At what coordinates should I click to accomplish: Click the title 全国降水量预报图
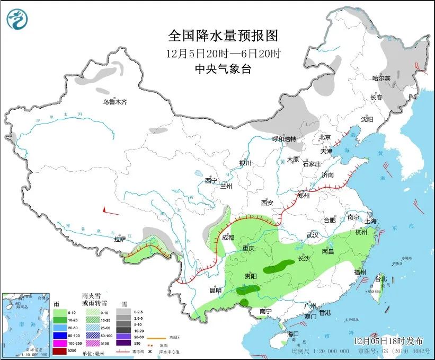(223, 36)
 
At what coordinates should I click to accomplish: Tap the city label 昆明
(215, 289)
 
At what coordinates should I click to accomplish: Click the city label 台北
(381, 278)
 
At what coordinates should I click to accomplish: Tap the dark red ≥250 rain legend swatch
(60, 351)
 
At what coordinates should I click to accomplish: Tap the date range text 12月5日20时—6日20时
(223, 53)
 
